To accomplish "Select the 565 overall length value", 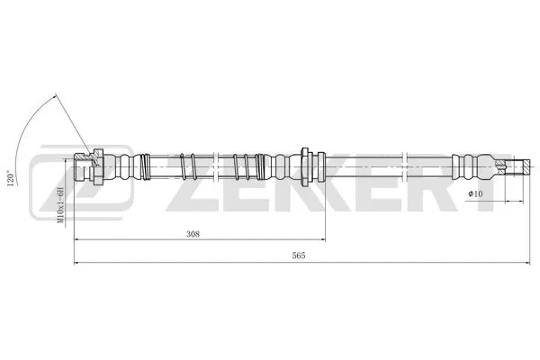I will pos(299,256).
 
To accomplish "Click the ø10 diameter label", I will pos(475,193).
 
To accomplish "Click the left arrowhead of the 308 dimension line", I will pos(76,241).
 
